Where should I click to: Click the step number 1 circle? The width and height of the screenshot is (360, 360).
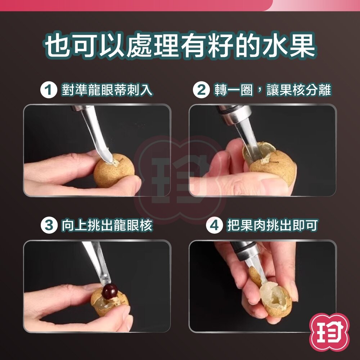(x=49, y=90)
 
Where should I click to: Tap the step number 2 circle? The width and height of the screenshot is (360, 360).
(x=201, y=90)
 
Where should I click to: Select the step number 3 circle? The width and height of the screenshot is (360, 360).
(x=49, y=225)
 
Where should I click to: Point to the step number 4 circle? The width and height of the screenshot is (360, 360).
(x=214, y=225)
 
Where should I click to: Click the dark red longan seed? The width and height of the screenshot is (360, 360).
(x=110, y=291)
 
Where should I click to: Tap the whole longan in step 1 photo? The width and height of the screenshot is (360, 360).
(x=114, y=171)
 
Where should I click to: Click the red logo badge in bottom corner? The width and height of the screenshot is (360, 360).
(x=329, y=332)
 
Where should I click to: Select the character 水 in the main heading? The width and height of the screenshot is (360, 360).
(x=274, y=46)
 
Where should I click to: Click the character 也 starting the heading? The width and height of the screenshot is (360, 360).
(x=57, y=46)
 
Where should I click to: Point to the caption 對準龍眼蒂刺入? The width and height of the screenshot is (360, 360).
(x=107, y=90)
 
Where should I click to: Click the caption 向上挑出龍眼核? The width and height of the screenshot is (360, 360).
(x=107, y=225)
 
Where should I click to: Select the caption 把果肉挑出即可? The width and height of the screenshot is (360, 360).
(x=273, y=225)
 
